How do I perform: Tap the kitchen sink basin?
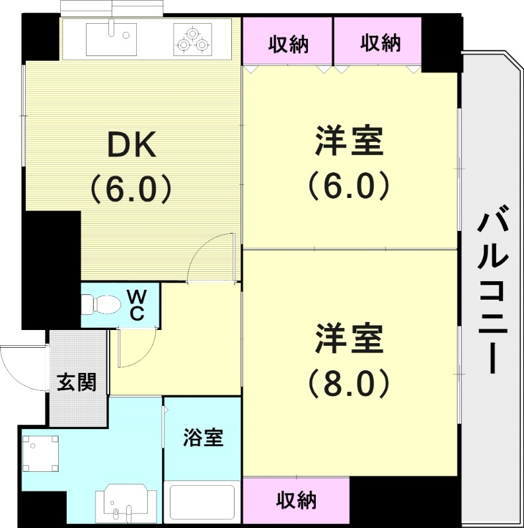[x=111, y=38]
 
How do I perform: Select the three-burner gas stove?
[x=193, y=39]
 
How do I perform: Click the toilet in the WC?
[x=100, y=305]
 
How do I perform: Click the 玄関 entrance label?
[x=77, y=382]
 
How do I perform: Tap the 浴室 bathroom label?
[x=203, y=437]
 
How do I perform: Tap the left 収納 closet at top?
[x=288, y=44]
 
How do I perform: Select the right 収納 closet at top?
[x=380, y=44]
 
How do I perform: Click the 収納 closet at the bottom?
[x=296, y=500]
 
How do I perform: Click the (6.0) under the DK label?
[x=131, y=189]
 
